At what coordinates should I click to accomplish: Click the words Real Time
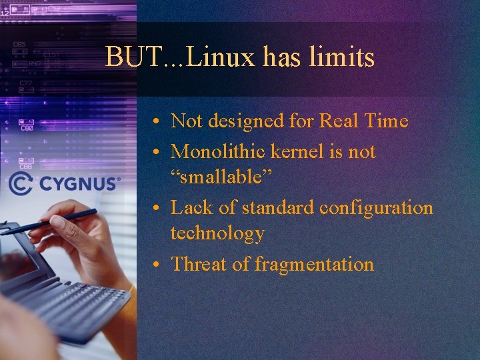[363, 121]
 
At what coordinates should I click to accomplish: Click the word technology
[217, 233]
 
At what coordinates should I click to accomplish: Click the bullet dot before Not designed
[154, 122]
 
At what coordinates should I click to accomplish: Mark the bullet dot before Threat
[154, 265]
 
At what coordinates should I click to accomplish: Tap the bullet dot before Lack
[154, 209]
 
